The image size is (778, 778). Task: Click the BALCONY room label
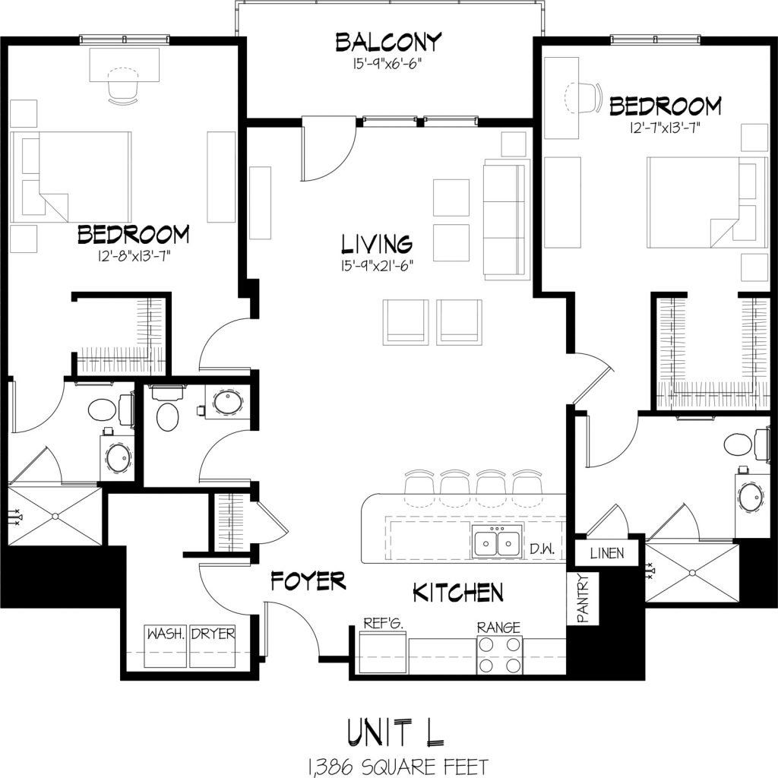point(388,43)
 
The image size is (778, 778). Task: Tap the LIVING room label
point(376,244)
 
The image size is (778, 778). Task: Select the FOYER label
point(308,582)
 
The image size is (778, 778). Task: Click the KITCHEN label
point(457,593)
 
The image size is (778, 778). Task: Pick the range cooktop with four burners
point(499,654)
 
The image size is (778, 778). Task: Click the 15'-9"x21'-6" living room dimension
point(376,266)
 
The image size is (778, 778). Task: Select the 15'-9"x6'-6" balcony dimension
point(388,64)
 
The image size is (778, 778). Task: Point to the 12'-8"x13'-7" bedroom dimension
point(133,255)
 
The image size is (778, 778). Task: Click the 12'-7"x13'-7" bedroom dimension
point(664,127)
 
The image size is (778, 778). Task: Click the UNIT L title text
point(395,731)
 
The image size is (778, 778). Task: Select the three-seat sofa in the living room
point(504,220)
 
